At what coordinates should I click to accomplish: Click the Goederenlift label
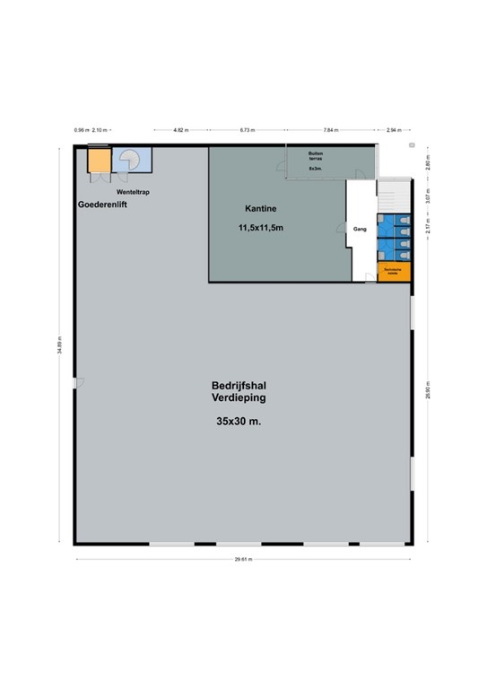(103, 205)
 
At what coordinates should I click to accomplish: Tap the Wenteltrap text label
(131, 192)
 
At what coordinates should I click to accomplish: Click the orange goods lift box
(99, 160)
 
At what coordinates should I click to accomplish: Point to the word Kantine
(258, 208)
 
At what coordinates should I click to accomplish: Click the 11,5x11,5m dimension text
(261, 228)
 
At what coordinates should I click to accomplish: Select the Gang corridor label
(359, 229)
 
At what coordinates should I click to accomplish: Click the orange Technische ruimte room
(395, 272)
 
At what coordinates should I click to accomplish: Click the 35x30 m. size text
(239, 421)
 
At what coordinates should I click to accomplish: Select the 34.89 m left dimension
(60, 345)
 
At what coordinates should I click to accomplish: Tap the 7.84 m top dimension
(332, 130)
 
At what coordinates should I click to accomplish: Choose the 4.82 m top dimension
(181, 130)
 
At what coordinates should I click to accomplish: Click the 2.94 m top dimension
(392, 130)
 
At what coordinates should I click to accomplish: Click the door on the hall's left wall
(79, 384)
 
